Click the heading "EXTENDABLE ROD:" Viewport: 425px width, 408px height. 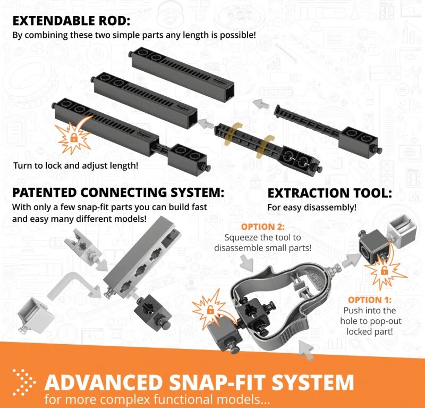click(x=71, y=21)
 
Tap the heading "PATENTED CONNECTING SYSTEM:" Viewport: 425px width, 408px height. click(x=118, y=193)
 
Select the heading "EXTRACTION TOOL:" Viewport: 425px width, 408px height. click(x=329, y=193)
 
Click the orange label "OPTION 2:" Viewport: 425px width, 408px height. click(x=262, y=227)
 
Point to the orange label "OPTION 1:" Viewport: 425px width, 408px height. click(x=370, y=299)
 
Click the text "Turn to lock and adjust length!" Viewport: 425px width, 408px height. click(x=75, y=165)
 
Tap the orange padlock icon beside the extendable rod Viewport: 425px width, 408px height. click(x=73, y=138)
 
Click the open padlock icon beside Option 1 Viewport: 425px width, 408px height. click(x=384, y=270)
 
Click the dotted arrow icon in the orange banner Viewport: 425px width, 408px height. click(x=24, y=382)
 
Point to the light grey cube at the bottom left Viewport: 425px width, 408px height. click(x=35, y=315)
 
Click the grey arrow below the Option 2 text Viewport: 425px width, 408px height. click(x=247, y=262)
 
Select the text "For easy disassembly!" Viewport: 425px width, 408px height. click(x=312, y=207)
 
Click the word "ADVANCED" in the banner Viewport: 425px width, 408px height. click(x=104, y=382)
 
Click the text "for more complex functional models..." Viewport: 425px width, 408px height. click(x=157, y=399)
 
